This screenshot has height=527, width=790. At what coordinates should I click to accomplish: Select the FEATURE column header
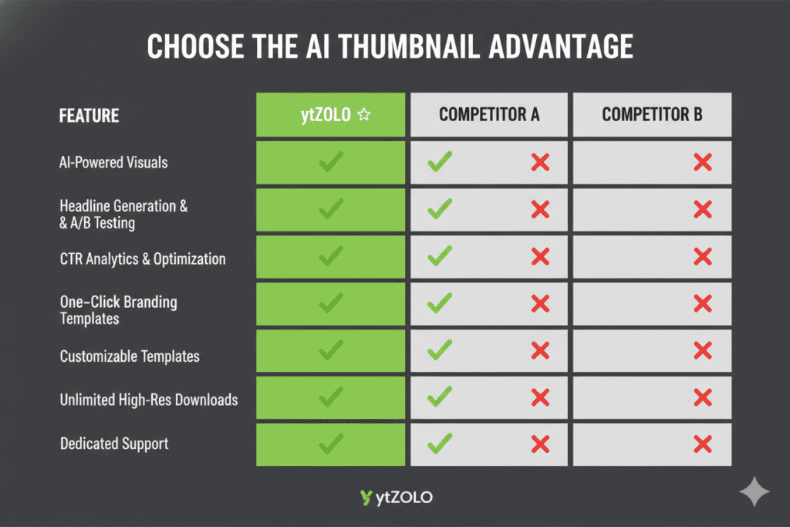pyautogui.click(x=89, y=116)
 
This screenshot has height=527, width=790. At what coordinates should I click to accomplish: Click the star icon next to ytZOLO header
pyautogui.click(x=364, y=115)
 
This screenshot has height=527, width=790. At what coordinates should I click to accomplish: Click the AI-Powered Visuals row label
pyautogui.click(x=113, y=162)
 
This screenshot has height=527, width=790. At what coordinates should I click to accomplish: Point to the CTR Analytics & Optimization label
pyautogui.click(x=143, y=258)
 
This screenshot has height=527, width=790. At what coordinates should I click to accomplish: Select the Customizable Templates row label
pyautogui.click(x=130, y=356)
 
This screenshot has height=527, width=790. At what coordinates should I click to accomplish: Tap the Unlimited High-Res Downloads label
pyautogui.click(x=149, y=400)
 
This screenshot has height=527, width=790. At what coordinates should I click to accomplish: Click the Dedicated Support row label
pyautogui.click(x=114, y=444)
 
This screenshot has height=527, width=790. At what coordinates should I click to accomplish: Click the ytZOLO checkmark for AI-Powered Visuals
pyautogui.click(x=330, y=162)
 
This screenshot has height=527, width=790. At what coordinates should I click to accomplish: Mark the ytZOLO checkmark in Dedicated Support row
pyautogui.click(x=330, y=444)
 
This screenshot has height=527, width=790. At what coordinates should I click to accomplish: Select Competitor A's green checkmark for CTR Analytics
pyautogui.click(x=440, y=256)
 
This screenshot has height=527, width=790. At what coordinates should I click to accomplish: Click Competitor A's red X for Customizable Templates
pyautogui.click(x=540, y=350)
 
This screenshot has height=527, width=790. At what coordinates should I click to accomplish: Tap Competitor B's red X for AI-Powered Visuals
pyautogui.click(x=702, y=162)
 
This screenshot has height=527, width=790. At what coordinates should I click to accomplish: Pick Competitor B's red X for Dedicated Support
pyautogui.click(x=702, y=444)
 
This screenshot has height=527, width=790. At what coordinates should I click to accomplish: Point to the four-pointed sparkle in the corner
pyautogui.click(x=754, y=492)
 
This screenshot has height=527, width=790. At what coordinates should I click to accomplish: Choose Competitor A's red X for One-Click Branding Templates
pyautogui.click(x=540, y=303)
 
